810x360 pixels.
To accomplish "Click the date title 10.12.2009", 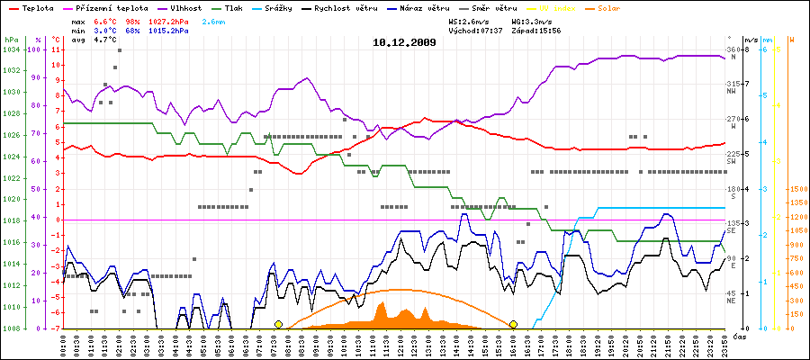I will (x=404, y=41).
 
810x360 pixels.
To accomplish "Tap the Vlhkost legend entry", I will (x=184, y=7).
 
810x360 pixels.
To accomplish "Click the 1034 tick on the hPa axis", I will (x=11, y=49).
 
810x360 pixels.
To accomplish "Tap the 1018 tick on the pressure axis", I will (x=11, y=220).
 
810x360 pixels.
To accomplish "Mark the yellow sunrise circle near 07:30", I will (x=278, y=324).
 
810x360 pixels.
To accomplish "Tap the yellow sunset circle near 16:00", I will (x=513, y=324).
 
